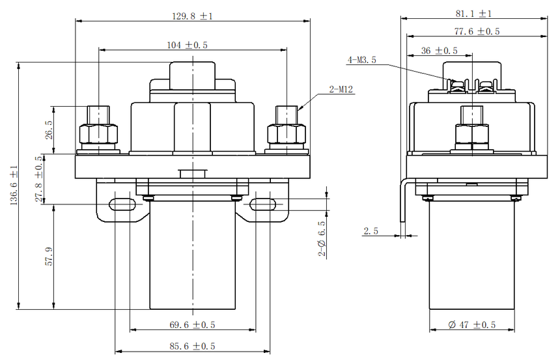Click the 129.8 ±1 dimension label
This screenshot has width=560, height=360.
coord(193,16)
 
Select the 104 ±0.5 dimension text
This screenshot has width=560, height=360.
coord(187,45)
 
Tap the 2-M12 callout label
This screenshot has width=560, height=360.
coord(341,89)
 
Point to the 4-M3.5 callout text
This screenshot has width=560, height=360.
coord(362,60)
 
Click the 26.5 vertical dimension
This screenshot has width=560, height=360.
coord(49,130)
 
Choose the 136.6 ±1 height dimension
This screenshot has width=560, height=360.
coord(14,185)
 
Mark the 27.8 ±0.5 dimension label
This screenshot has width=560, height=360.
coord(39,178)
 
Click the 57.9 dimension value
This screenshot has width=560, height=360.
coord(49,256)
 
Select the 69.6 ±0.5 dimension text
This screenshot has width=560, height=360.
coord(192,325)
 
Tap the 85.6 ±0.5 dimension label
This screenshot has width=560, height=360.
coord(192,346)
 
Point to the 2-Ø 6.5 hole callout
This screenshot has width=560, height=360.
coord(322,238)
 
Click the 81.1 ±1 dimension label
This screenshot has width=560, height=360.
coord(473,14)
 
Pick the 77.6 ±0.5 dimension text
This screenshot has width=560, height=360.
coord(477,31)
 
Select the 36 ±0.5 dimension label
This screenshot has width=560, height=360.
coord(440,51)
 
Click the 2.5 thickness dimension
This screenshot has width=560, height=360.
coord(371,231)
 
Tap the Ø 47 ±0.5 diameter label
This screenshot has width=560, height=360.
coord(472,325)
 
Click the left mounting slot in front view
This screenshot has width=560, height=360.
coord(122,204)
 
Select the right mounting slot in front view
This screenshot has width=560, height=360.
coord(262,204)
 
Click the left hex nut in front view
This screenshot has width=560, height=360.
coord(98,134)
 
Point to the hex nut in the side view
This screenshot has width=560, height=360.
coord(472,134)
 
